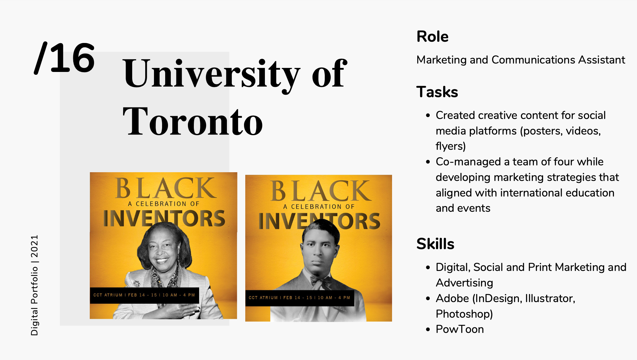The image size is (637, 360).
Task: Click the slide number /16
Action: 65,58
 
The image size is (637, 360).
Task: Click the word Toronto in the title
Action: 193,121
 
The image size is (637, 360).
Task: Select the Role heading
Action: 432,36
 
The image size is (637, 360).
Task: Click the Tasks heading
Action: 437,92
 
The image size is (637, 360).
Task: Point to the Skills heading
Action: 435,244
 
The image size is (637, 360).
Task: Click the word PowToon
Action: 460,329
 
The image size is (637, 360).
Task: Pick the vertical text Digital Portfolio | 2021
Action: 35,285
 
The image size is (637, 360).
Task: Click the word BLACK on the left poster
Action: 166,188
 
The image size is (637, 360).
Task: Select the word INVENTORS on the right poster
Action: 319,221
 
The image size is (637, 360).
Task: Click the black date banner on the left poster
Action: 144,295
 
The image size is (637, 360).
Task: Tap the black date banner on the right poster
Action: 299,298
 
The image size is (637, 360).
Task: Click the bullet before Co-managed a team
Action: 428,162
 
